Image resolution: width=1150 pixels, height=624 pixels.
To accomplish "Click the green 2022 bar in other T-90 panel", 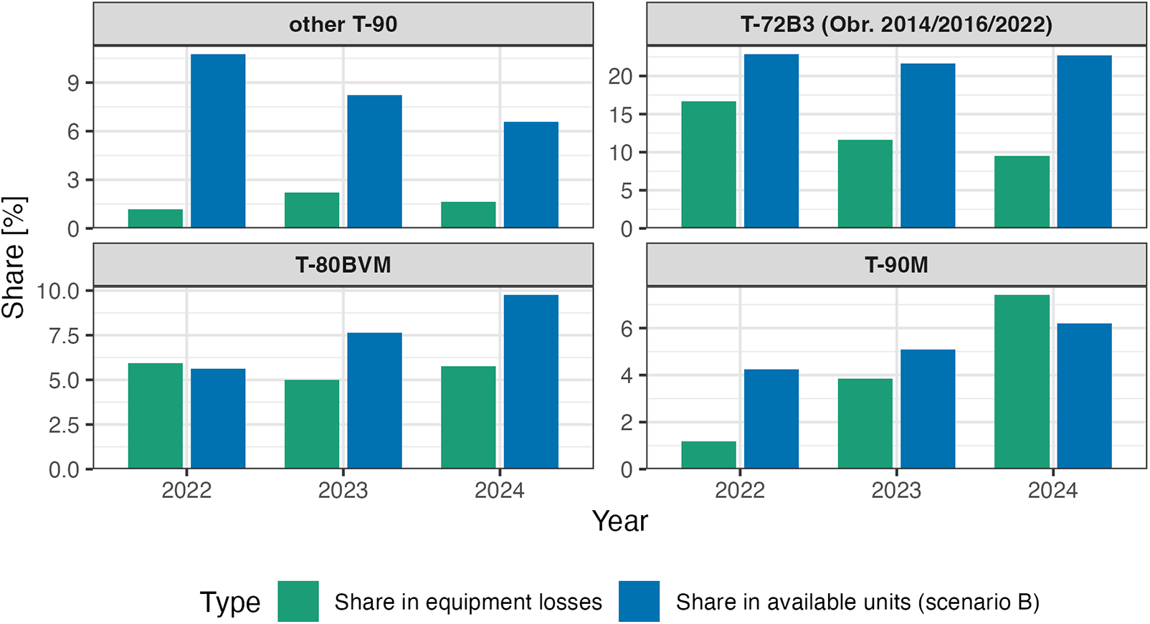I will click(x=155, y=219).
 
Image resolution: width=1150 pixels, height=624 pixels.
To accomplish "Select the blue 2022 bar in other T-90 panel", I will click(x=218, y=141).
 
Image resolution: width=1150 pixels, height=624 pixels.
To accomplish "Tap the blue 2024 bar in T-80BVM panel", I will click(x=531, y=382).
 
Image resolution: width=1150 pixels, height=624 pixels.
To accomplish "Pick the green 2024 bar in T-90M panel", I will click(x=1022, y=382).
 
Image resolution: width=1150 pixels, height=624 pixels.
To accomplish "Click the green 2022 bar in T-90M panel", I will click(x=708, y=455).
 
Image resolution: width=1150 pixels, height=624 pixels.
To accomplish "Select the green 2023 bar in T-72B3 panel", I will click(x=865, y=184).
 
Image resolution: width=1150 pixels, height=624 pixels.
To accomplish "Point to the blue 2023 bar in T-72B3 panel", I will click(x=928, y=146).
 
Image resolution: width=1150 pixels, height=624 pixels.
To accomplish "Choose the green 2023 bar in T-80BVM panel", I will click(x=311, y=424).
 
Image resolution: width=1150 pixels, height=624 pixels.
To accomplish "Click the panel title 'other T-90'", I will click(x=343, y=24).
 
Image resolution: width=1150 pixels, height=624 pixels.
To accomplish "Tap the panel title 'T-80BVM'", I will click(x=343, y=265).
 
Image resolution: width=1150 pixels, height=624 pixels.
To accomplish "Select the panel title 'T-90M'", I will click(x=896, y=265).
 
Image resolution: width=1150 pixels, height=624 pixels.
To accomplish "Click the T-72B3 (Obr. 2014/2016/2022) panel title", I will click(x=896, y=24).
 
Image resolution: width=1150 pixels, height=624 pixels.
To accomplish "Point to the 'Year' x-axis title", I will click(x=619, y=522).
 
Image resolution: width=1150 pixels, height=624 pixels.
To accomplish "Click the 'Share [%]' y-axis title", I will click(x=14, y=257).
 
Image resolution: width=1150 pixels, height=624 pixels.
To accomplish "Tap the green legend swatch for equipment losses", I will click(x=298, y=602).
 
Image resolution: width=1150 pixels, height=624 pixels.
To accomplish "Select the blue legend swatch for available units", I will click(x=639, y=602).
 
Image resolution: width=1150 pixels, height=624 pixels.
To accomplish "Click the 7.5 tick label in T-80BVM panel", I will click(x=64, y=336).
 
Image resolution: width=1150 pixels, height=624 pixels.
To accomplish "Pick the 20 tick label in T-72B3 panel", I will click(x=620, y=77).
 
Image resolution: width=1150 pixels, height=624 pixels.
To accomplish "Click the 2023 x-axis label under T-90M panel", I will click(x=896, y=491).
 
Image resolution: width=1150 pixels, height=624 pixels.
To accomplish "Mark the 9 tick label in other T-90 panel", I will click(x=73, y=83).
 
